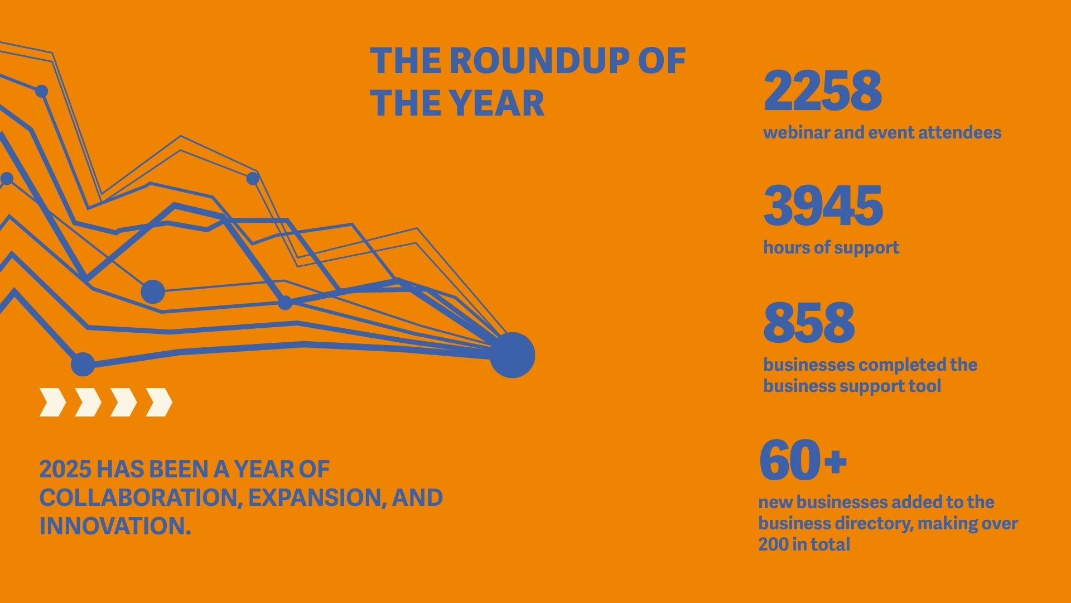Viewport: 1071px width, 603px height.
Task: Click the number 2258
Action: pyautogui.click(x=823, y=90)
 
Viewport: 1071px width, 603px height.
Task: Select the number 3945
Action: pyautogui.click(x=823, y=205)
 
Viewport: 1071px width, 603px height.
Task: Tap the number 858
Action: pyautogui.click(x=809, y=322)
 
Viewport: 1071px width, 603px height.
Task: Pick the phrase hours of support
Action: pyautogui.click(x=831, y=247)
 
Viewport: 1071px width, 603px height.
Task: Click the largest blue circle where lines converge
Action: pyautogui.click(x=512, y=355)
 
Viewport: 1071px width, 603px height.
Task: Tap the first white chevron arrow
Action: pyautogui.click(x=53, y=402)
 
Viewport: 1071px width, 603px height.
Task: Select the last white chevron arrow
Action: pyautogui.click(x=159, y=402)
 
